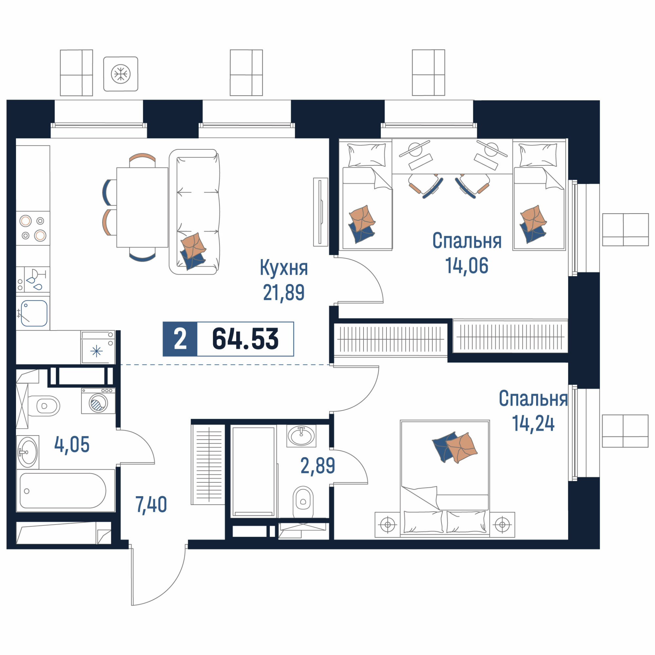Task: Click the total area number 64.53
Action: click(x=245, y=339)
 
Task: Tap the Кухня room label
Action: click(x=284, y=268)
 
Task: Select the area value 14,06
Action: click(x=466, y=266)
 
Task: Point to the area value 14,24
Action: click(x=533, y=423)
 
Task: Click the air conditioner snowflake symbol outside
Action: click(x=121, y=74)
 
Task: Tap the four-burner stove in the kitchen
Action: click(x=33, y=228)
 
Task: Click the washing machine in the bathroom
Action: click(x=98, y=401)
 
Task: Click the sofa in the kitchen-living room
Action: click(x=194, y=212)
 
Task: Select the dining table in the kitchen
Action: click(x=142, y=208)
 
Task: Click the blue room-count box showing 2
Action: click(x=180, y=339)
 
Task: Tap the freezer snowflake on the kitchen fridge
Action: click(x=97, y=351)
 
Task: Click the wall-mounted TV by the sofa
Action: click(x=320, y=212)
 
